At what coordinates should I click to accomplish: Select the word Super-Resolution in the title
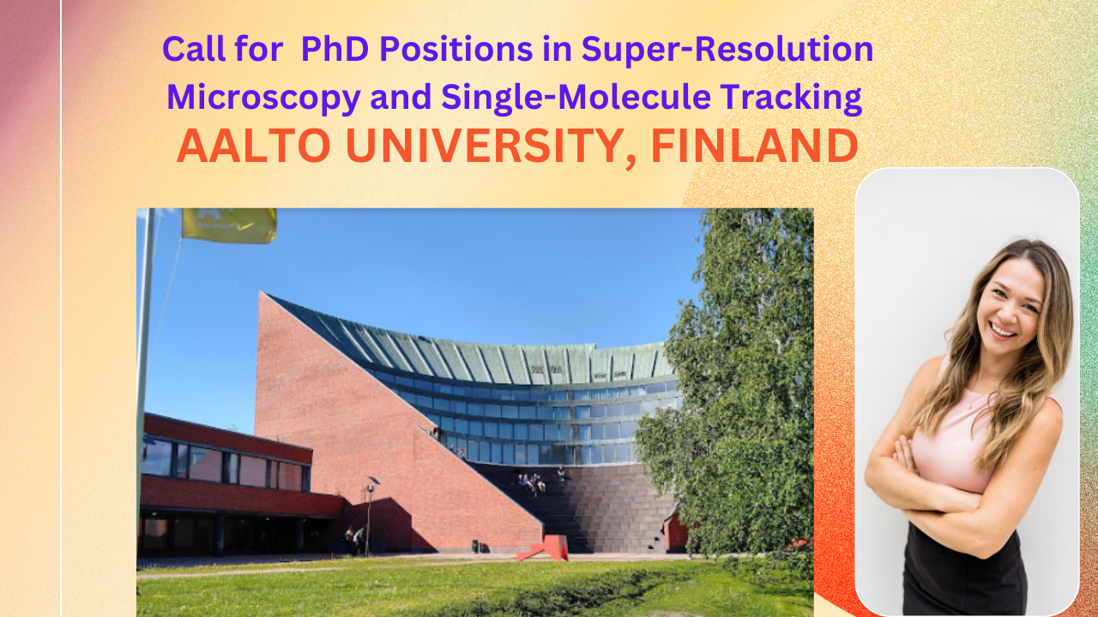727,50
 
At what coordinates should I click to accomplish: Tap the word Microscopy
263,98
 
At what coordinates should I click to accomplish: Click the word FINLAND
754,147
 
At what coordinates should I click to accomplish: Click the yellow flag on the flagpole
228,225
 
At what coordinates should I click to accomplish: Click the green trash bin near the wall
474,546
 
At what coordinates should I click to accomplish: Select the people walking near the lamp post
354,540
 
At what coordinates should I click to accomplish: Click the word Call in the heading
195,50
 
